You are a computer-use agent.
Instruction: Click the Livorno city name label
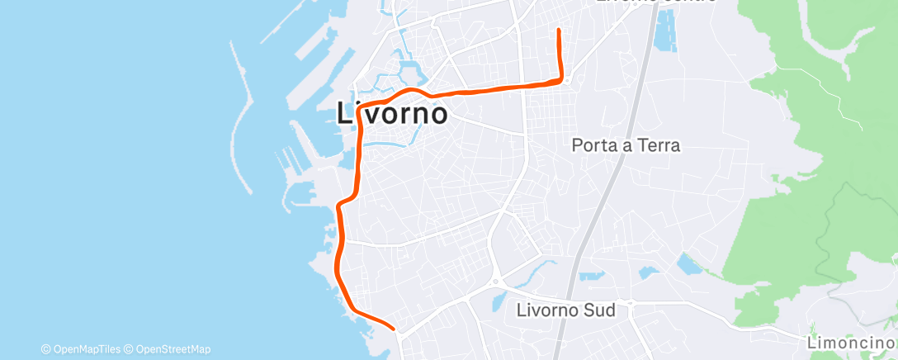point(393,113)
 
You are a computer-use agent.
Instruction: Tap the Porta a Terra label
point(626,146)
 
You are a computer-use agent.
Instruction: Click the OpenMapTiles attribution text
point(85,349)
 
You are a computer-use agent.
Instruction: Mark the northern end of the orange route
point(560,31)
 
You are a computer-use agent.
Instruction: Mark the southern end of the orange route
point(397,329)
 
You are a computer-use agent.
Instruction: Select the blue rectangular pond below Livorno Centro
point(664,31)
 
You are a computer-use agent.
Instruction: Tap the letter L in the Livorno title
point(347,113)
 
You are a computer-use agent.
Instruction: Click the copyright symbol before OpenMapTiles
point(45,349)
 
